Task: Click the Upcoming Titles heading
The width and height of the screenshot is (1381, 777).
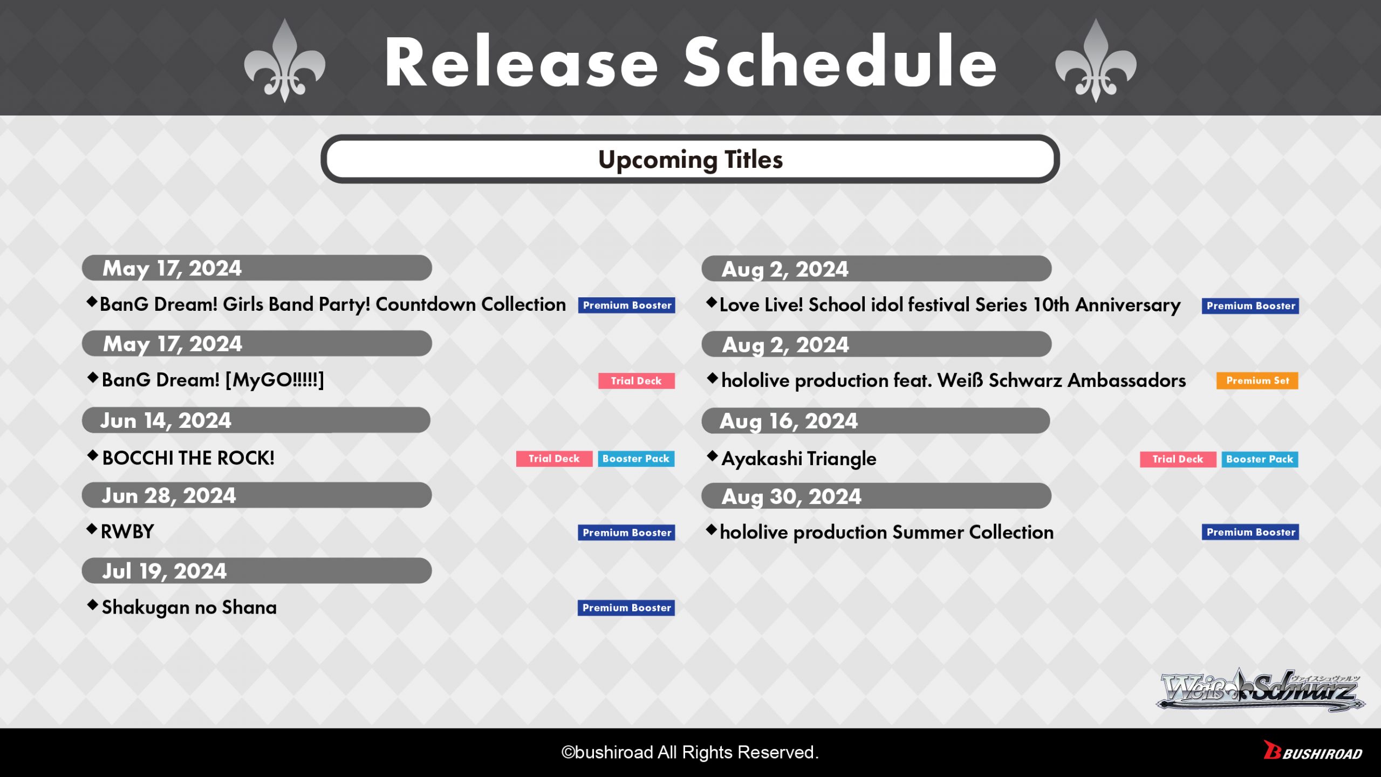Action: (x=690, y=160)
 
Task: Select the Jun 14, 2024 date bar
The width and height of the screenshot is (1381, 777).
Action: (x=256, y=420)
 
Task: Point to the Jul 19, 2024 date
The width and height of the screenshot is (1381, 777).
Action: (x=165, y=571)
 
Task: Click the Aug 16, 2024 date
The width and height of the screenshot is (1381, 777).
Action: (x=789, y=421)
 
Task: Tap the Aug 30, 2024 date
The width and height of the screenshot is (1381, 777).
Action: (x=791, y=497)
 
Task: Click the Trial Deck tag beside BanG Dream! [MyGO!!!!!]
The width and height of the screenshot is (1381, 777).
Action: (x=637, y=381)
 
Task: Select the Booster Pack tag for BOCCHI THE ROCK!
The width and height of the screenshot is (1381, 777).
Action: (x=636, y=459)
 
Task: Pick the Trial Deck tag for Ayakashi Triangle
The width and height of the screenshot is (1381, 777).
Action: (x=1178, y=459)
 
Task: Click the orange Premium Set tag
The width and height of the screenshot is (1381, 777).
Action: (x=1257, y=381)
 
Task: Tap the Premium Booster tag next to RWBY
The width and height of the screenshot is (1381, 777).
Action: (x=626, y=533)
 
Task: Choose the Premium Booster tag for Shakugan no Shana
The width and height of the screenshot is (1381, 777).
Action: (x=626, y=608)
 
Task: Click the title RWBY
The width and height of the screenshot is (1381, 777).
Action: (x=127, y=532)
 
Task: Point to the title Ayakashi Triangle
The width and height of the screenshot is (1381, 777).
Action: (x=799, y=459)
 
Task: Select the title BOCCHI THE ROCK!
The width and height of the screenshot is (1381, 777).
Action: (x=188, y=458)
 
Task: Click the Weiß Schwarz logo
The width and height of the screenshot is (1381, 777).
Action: (x=1261, y=690)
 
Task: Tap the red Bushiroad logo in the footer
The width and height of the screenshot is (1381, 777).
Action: (x=1313, y=751)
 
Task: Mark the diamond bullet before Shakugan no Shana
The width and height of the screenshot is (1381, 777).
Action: (x=92, y=605)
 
